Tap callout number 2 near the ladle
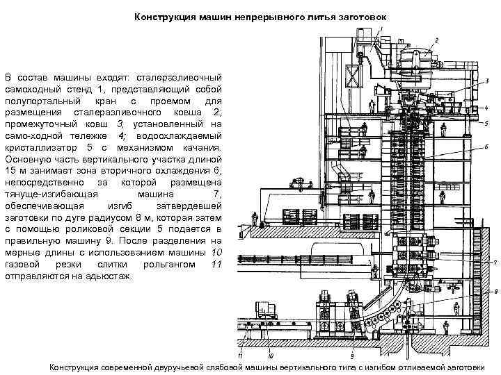pos(436,40)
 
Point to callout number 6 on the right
pos(486,146)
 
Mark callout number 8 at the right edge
pos(494,292)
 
